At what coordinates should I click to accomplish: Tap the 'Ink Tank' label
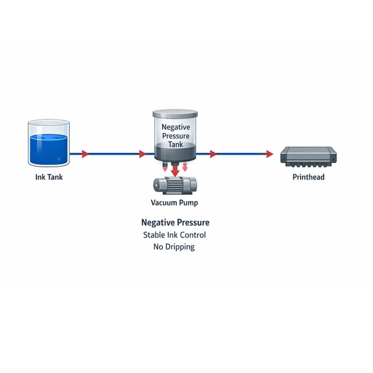(49, 177)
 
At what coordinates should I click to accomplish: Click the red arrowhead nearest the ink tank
(85, 154)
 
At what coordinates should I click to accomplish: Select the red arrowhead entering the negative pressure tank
(142, 154)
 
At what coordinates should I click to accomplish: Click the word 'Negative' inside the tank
(175, 127)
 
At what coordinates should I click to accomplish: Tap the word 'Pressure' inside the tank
(175, 136)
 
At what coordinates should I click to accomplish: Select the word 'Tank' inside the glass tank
(175, 145)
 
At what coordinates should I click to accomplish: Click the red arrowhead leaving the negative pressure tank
(213, 154)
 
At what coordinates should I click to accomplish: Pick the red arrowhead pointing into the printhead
(270, 154)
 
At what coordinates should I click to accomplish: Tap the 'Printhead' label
(308, 177)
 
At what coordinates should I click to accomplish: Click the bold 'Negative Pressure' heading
(175, 222)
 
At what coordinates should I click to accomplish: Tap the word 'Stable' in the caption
(154, 235)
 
